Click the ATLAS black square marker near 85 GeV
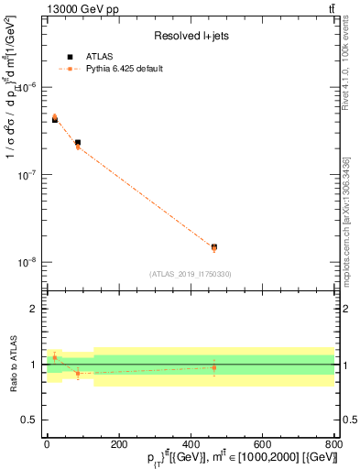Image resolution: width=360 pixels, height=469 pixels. coord(78,143)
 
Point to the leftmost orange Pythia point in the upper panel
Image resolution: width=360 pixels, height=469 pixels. coord(54,117)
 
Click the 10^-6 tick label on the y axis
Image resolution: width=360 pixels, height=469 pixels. coord(29,88)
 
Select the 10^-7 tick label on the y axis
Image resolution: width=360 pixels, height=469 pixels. coord(29,175)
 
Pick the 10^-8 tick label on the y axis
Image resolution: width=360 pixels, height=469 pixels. coord(29,262)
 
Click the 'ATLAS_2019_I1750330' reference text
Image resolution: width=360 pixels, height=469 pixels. coord(190,274)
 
